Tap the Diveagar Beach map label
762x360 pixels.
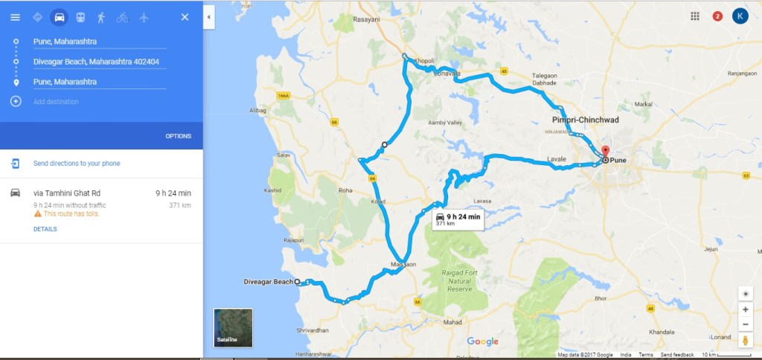point(268,282)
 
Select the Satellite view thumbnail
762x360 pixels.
point(233,328)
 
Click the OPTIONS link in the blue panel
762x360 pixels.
point(178,136)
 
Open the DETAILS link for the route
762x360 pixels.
point(45,229)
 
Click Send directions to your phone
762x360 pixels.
point(77,164)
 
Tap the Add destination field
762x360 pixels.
point(56,101)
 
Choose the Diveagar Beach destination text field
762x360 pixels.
point(99,62)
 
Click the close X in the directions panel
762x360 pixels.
point(185,17)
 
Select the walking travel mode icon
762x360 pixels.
point(100,17)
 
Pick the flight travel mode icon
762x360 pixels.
point(144,17)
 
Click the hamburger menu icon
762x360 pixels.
point(15,17)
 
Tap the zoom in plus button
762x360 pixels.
point(745,309)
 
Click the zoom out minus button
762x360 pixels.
point(745,324)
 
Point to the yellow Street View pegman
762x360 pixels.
point(745,341)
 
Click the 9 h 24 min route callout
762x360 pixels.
point(457,219)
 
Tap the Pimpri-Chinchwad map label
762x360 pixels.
point(586,120)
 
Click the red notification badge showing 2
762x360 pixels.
point(717,16)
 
